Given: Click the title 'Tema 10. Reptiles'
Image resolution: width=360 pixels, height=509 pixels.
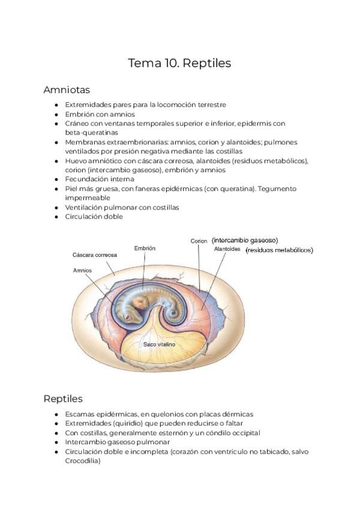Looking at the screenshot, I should pos(179,63).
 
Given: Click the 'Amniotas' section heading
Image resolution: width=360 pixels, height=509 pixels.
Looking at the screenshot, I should pos(67,90).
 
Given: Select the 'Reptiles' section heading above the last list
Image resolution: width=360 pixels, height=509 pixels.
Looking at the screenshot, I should pos(63,399).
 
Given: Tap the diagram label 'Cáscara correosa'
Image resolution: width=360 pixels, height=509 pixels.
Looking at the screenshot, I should pos(94,254).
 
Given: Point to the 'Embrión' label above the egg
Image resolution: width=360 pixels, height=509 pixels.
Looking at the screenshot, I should pos(145,248).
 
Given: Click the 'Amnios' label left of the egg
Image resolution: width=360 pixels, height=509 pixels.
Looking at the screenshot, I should pos(82,270).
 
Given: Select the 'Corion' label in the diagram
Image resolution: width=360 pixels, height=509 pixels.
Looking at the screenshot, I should pos(199,241).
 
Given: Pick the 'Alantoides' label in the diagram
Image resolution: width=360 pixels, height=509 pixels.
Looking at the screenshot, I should pos(227,248).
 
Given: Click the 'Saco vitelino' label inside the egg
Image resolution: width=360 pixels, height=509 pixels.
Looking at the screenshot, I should pos(159,345).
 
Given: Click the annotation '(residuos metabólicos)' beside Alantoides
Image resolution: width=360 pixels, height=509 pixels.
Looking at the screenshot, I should pos(279,250).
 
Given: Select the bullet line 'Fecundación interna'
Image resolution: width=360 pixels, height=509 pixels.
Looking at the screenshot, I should pos(99,179).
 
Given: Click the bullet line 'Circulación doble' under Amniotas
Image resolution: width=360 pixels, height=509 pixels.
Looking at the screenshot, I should pos(94,217).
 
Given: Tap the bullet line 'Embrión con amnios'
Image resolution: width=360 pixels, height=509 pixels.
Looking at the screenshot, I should pos(100,114).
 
